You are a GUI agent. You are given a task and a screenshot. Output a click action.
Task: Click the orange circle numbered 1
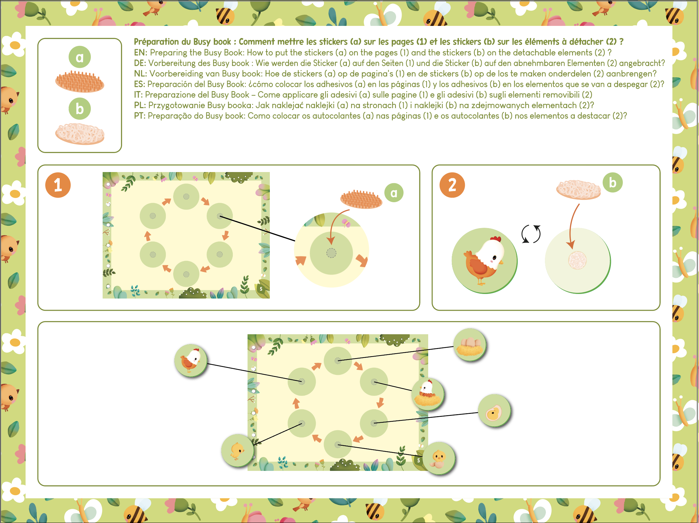58,185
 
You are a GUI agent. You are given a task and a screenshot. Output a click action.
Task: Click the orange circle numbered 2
452,185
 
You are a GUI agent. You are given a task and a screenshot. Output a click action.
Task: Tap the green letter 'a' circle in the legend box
80,57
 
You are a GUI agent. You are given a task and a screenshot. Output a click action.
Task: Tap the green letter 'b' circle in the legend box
80,109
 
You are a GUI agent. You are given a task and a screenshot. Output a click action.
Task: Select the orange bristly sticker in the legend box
80,82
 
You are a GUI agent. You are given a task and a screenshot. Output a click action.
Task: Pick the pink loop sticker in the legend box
80,134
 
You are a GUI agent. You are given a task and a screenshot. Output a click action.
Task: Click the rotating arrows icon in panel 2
531,234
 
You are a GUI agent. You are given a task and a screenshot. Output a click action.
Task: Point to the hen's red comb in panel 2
496,239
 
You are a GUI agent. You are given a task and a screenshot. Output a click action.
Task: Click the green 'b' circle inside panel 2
612,183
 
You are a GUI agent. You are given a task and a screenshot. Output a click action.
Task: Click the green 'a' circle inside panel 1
394,193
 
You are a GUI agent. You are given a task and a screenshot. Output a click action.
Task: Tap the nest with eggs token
470,345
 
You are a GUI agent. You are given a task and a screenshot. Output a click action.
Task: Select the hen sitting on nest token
428,394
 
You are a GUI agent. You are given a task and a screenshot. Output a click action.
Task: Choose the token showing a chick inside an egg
494,411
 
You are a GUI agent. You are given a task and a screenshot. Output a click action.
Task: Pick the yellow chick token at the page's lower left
237,451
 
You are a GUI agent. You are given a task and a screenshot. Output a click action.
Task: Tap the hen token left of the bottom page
191,360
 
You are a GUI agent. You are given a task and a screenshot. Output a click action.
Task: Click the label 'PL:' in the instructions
140,105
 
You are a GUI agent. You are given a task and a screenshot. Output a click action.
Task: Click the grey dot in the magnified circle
331,253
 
